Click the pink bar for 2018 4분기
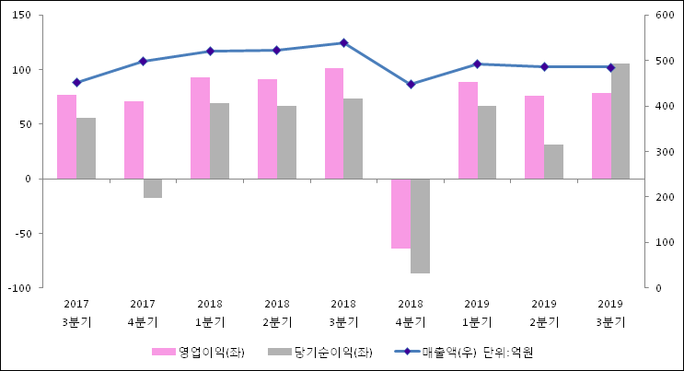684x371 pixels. click(x=400, y=214)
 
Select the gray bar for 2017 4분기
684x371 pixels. click(x=153, y=188)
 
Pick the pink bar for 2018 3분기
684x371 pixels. click(x=334, y=123)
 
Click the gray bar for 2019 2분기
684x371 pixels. click(x=553, y=161)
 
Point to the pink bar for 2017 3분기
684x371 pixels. click(x=66, y=136)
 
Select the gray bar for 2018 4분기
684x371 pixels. click(x=420, y=226)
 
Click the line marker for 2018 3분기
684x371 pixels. click(x=343, y=43)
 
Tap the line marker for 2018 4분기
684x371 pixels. click(x=411, y=85)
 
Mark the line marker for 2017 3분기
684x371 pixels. click(x=76, y=83)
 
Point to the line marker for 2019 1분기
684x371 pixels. click(x=477, y=64)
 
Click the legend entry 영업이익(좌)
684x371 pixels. click(x=198, y=352)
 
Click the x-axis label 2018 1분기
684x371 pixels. click(x=210, y=313)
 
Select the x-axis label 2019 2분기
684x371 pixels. click(x=544, y=313)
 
